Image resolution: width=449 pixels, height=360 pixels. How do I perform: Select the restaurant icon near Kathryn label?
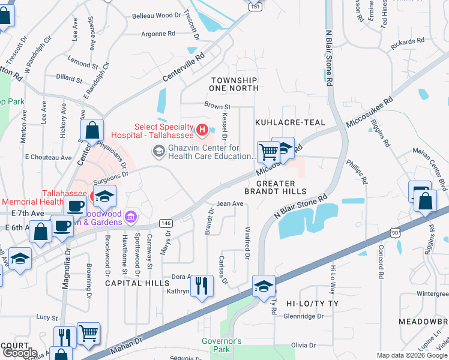coord(202,286)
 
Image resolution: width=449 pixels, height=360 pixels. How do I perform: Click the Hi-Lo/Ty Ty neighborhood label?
coord(312,304)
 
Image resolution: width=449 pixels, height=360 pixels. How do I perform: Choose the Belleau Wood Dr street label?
coord(156,15)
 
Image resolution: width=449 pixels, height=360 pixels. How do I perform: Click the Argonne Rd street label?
coord(158,34)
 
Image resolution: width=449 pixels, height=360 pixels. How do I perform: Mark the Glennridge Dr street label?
coord(304,316)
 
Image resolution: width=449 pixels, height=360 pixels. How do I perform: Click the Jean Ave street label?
coord(229,203)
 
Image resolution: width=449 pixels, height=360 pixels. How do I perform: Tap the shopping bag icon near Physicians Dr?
coord(92,130)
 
